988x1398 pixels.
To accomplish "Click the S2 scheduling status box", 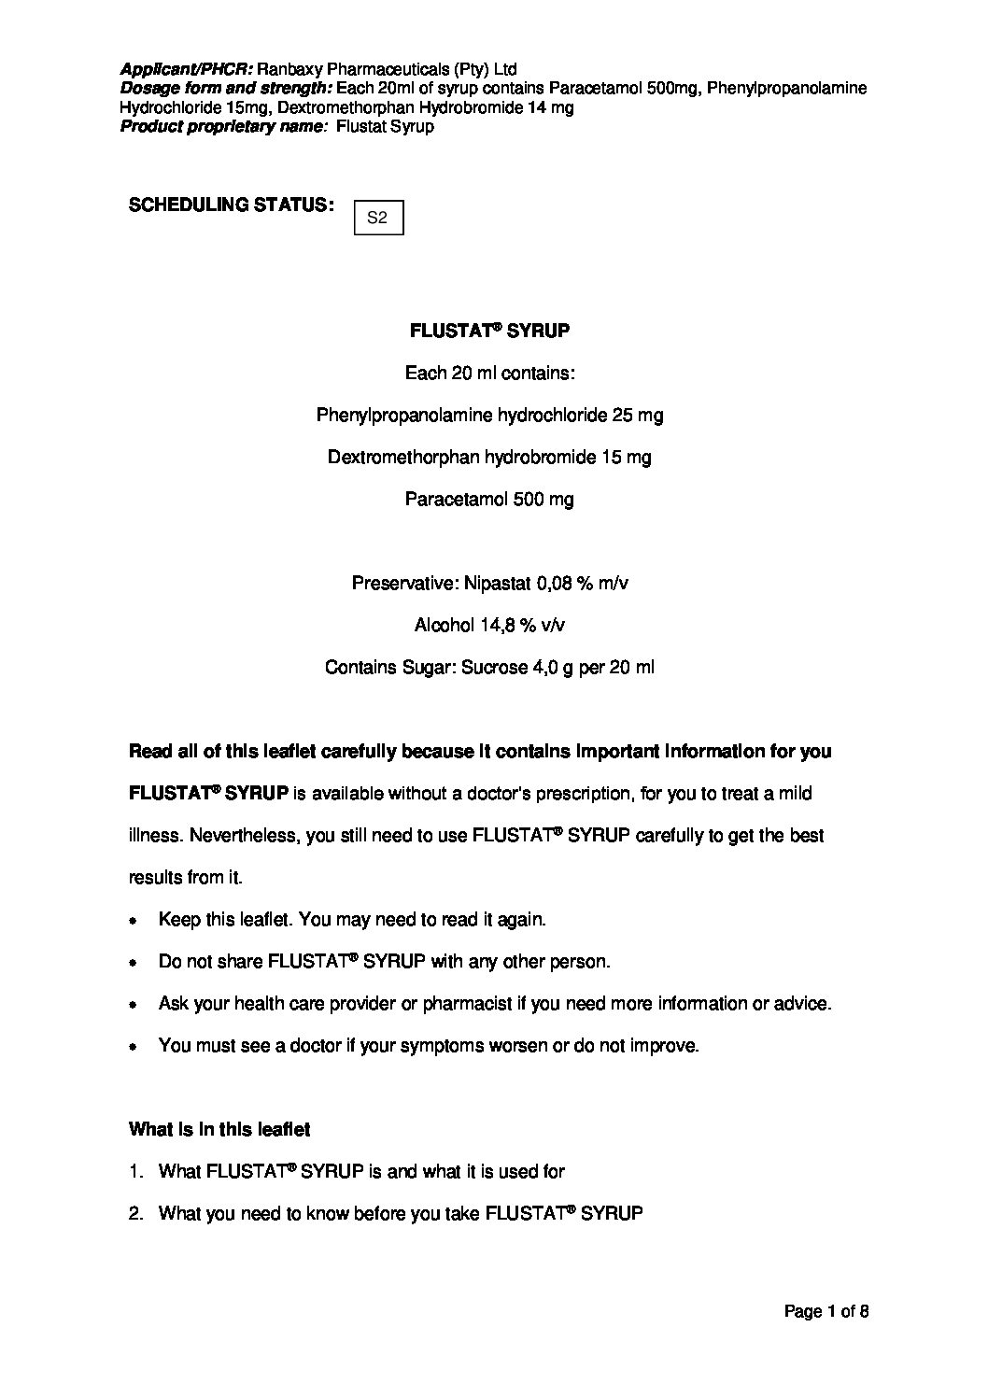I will click(x=379, y=218).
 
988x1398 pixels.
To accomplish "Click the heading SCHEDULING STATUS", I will click(x=232, y=205).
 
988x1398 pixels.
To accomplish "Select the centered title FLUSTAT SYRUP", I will click(x=490, y=331).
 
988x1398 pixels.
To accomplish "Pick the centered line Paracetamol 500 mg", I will click(x=489, y=499).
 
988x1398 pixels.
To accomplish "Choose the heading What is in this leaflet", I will click(x=219, y=1129).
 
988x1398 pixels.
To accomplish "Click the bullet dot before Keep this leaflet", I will click(x=134, y=921).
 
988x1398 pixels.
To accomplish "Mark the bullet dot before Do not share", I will click(x=134, y=962).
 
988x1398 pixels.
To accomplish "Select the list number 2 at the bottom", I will click(x=135, y=1213).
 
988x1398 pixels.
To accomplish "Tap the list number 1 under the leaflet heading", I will click(x=135, y=1171).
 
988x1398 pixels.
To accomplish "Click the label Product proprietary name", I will click(x=223, y=126).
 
